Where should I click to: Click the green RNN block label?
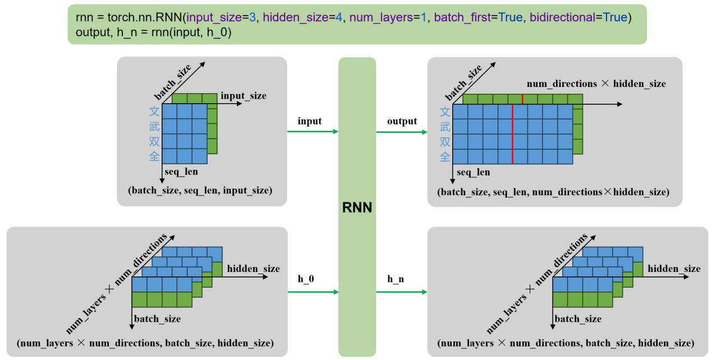tap(357, 209)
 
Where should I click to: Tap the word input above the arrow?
tap(310, 121)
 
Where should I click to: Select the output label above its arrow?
tap(402, 121)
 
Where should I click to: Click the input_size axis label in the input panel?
tap(244, 96)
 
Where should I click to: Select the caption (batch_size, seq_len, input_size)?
tap(201, 191)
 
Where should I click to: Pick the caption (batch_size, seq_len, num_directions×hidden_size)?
tap(553, 192)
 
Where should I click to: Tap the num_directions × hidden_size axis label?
tap(596, 84)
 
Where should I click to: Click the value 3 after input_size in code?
tap(252, 17)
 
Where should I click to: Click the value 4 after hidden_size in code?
tap(339, 17)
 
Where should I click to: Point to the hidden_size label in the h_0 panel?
tap(253, 269)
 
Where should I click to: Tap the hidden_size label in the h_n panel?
tap(674, 269)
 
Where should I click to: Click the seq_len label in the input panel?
tap(181, 172)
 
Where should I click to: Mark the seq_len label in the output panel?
tap(473, 172)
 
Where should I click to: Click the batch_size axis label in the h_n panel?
tap(578, 319)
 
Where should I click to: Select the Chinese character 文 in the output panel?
tap(444, 112)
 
